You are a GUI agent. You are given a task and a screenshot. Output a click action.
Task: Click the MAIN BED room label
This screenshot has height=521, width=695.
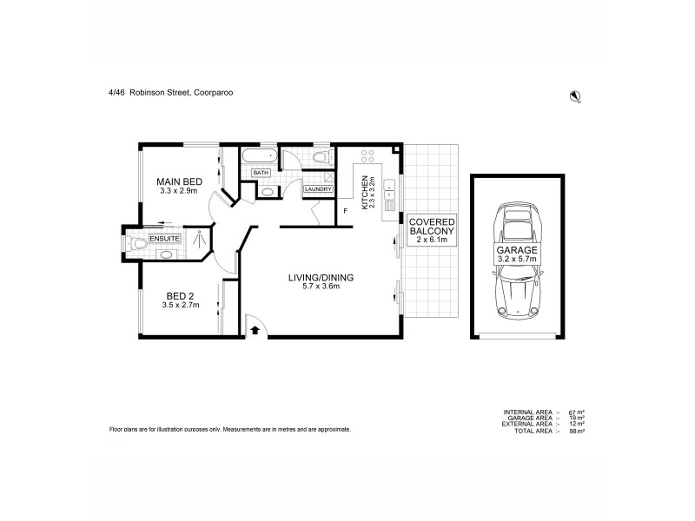pos(178,181)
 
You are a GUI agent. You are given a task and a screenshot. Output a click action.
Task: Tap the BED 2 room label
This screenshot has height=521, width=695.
pos(181,296)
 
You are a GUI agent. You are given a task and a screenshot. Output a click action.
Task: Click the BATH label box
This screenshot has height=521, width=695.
pos(261,173)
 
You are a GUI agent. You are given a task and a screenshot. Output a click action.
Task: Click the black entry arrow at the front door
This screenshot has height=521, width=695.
pos(255,329)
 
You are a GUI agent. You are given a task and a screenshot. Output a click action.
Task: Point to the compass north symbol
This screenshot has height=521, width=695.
pos(574,96)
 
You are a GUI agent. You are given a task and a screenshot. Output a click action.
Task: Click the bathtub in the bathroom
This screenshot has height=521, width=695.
pos(258,156)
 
